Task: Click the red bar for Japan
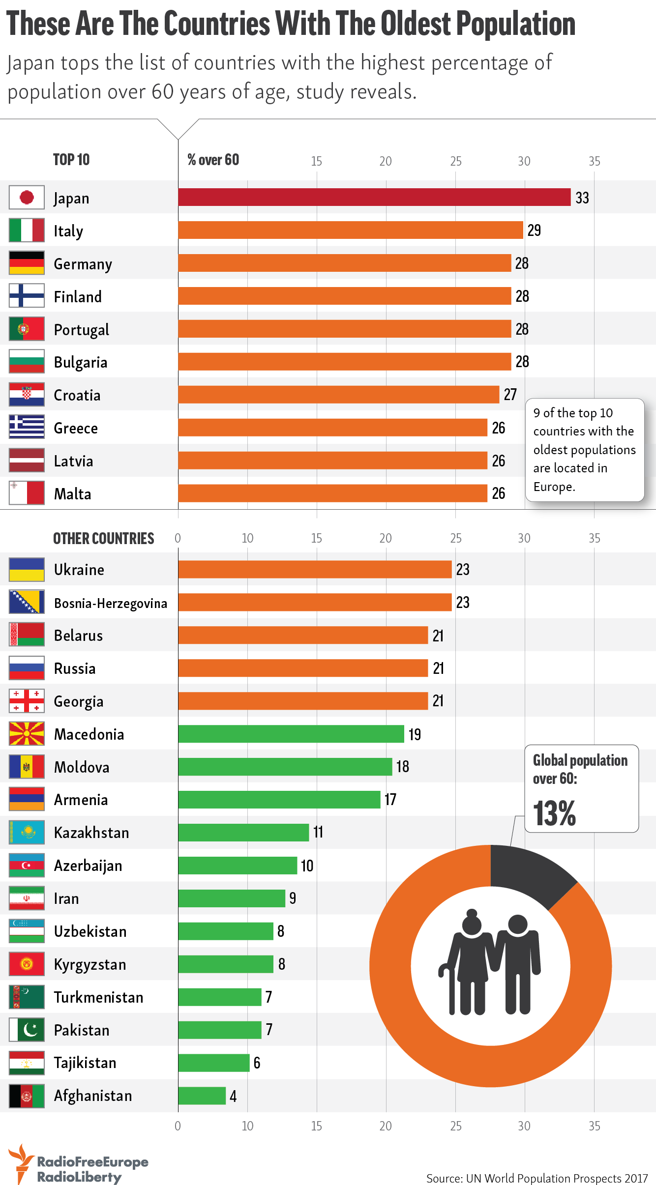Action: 374,197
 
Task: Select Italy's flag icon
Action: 27,231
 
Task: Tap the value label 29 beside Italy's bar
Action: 534,230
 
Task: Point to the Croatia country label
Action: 77,395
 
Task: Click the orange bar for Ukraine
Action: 315,569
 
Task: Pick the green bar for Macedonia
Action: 291,734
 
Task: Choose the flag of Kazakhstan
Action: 27,832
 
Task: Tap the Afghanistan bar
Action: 202,1096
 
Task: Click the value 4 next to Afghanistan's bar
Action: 233,1096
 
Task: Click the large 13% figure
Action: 554,813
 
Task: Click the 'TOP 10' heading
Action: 71,160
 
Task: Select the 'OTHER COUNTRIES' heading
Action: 103,539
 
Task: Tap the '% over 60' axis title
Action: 213,160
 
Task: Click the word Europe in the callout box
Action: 554,487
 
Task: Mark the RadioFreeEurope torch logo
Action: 21,1163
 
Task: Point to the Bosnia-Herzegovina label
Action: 111,603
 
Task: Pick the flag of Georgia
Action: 27,701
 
